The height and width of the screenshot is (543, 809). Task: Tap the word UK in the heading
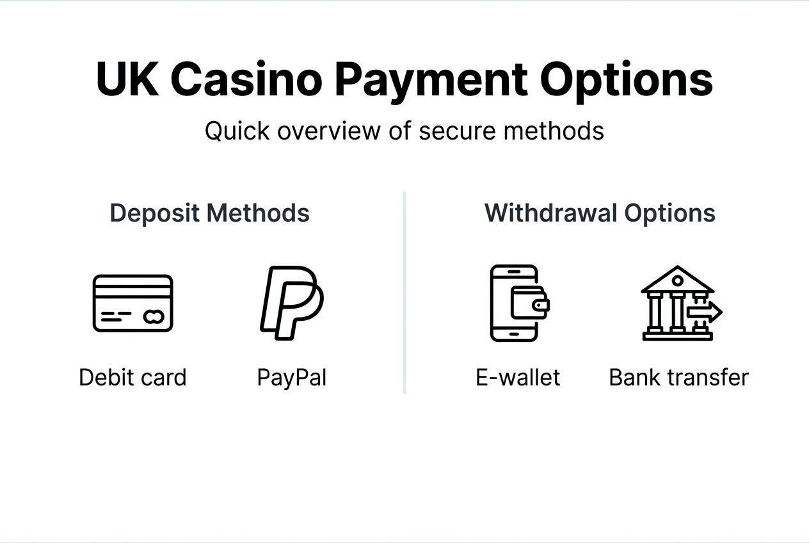pos(127,79)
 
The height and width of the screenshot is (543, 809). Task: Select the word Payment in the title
pos(431,81)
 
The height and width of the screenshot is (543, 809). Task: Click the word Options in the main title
pos(626,81)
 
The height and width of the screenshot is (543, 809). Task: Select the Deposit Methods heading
pos(210,213)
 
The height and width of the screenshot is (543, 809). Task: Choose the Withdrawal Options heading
pos(600,213)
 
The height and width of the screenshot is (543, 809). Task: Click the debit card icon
pos(133,303)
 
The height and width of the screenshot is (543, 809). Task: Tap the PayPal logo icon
pos(291,302)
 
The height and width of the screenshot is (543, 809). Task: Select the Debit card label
pos(132,377)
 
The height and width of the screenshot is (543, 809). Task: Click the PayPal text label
pos(291,377)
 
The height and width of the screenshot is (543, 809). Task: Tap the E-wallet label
pos(518,377)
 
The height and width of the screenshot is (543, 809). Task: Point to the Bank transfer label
pos(678,377)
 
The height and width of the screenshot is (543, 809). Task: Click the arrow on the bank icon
pos(705,312)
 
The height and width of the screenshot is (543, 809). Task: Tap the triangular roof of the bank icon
pos(677,279)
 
